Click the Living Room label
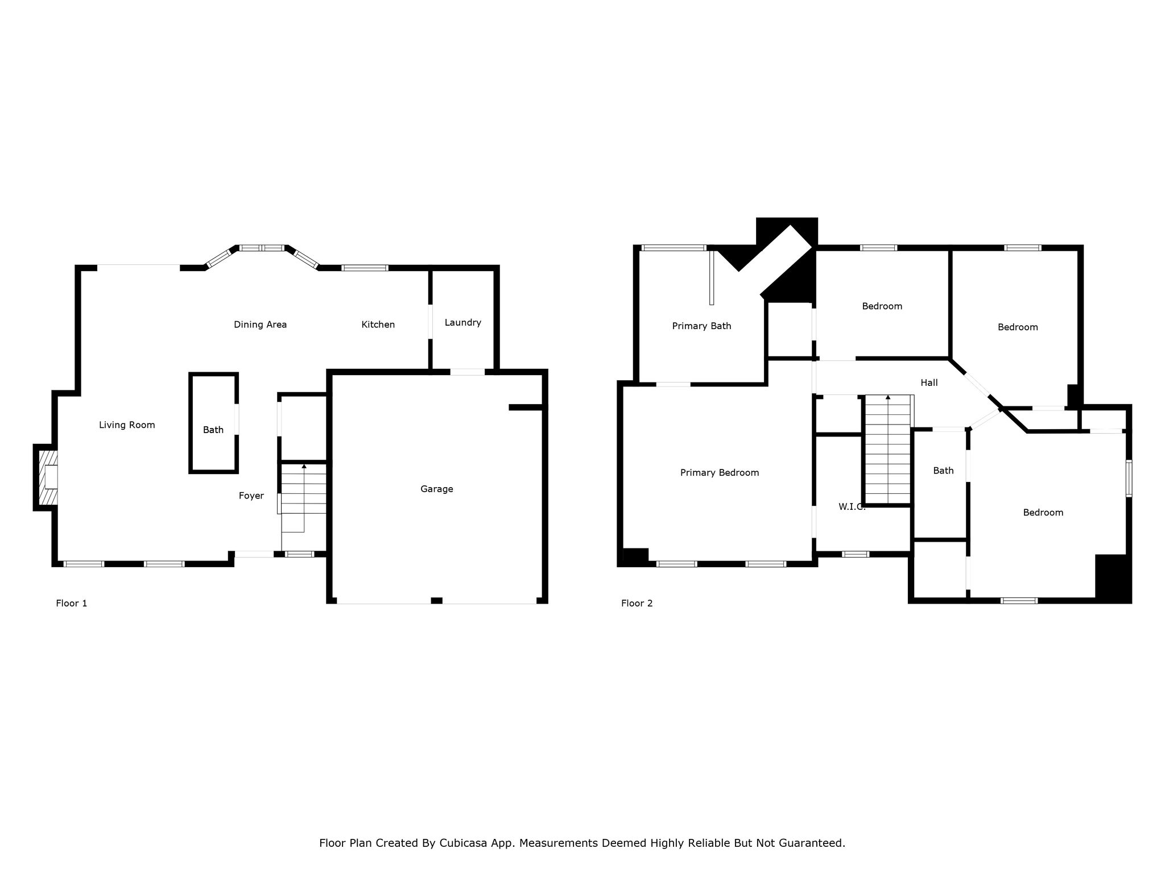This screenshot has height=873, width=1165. [x=127, y=425]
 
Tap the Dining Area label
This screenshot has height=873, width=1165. [x=261, y=325]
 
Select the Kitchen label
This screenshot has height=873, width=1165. [x=378, y=325]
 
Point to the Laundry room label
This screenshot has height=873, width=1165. [x=463, y=323]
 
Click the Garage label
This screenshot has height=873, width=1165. [x=437, y=489]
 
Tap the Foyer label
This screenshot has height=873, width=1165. [x=251, y=496]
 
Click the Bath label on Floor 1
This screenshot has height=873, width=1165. [x=213, y=430]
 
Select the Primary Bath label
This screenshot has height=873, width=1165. [x=702, y=326]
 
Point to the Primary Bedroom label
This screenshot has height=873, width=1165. [x=720, y=473]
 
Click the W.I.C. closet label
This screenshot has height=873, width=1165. [x=852, y=506]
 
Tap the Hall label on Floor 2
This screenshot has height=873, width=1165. [x=929, y=383]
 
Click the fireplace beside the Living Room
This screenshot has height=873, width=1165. [x=46, y=477]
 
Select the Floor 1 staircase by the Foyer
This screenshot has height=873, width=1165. [x=304, y=498]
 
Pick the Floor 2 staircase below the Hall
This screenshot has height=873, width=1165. [x=888, y=449]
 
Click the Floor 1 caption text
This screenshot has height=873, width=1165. [x=72, y=603]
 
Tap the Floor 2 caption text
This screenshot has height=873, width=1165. [x=637, y=603]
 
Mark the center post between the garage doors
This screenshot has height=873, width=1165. [x=437, y=601]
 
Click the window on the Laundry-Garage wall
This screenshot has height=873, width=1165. [x=468, y=372]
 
